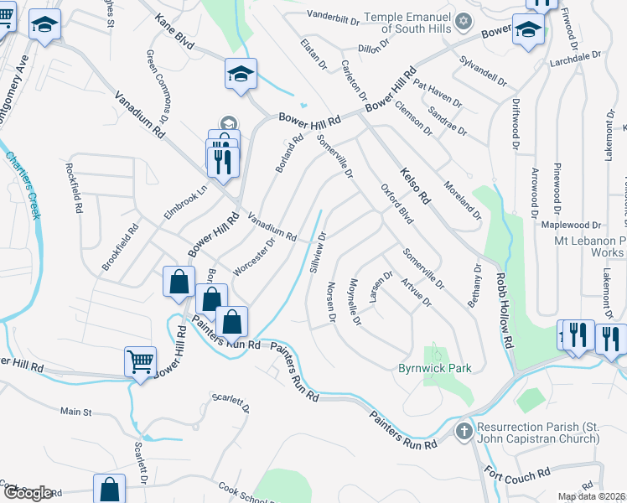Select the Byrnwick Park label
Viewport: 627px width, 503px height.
pos(434,368)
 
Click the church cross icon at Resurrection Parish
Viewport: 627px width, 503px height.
pos(464,431)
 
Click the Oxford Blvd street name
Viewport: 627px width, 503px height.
pos(396,205)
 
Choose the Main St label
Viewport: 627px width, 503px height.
pos(75,412)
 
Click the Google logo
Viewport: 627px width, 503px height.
pos(27,493)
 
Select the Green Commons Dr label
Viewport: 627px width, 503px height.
pos(158,82)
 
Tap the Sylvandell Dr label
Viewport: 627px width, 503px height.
pos(484,73)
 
